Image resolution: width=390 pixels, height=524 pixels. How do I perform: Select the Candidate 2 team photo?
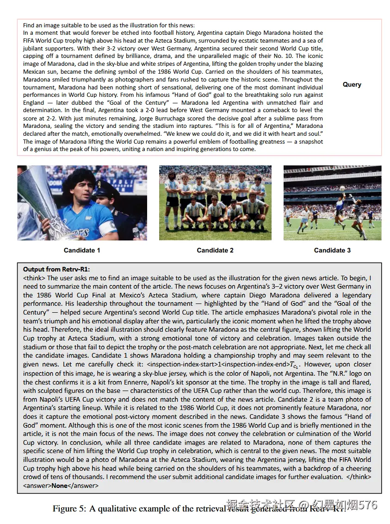click(x=215, y=202)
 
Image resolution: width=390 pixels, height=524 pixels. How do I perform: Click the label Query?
click(x=352, y=84)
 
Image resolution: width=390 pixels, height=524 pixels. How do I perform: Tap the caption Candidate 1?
click(x=82, y=250)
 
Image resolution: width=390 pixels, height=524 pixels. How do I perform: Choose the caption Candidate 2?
click(x=215, y=250)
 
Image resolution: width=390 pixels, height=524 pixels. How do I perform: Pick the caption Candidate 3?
click(x=332, y=250)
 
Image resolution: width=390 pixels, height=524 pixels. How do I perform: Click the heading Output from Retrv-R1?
click(x=56, y=269)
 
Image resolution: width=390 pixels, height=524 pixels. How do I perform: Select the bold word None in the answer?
click(x=59, y=486)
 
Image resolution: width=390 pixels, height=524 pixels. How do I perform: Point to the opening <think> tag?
click(x=34, y=278)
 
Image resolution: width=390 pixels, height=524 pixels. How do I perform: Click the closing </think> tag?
click(x=359, y=477)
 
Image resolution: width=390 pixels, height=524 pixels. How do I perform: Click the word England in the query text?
click(x=33, y=103)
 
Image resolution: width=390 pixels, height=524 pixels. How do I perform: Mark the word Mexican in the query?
click(x=35, y=72)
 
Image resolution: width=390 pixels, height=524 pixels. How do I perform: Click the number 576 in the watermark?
click(x=368, y=505)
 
